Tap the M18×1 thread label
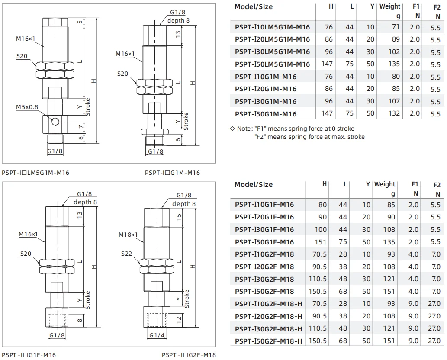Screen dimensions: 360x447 128,235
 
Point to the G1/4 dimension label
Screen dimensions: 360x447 156,335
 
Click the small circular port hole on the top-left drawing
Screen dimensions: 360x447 54,122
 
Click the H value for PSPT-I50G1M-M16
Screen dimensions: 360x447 328,113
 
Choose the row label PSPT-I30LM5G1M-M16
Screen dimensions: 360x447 272,51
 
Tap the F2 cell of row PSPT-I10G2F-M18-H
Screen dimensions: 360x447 434,304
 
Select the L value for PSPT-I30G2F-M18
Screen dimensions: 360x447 343,279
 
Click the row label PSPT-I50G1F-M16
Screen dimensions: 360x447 264,242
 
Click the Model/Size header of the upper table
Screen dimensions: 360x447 253,7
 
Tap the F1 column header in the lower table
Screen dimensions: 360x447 415,184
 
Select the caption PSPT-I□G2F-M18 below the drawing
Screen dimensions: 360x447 189,355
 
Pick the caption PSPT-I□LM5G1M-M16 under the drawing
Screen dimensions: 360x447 35,173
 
